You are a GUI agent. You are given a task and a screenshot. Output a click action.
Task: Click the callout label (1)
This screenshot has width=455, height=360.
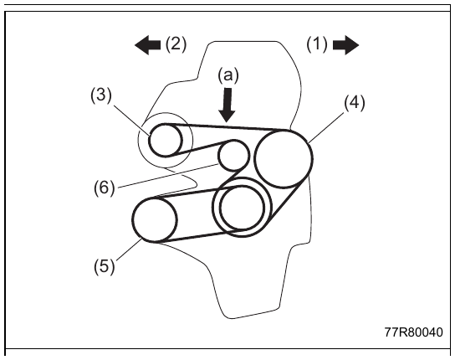coord(317,44)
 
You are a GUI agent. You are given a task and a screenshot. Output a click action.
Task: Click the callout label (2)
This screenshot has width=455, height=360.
coord(176,44)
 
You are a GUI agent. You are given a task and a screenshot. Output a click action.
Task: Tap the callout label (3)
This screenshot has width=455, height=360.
coord(101,95)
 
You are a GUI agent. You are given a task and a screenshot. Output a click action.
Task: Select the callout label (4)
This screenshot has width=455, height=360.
coord(355,103)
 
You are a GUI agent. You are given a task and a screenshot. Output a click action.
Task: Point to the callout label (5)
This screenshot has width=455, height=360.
coord(105,266)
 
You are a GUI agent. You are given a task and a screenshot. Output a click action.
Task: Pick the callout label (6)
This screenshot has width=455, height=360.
coord(105,188)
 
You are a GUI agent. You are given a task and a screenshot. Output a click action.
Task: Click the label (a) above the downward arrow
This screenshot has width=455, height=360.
coord(228,75)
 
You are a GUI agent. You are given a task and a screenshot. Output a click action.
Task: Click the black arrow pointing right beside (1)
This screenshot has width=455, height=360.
coord(346,45)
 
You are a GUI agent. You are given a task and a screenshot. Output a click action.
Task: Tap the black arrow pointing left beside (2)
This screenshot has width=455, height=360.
coord(148,45)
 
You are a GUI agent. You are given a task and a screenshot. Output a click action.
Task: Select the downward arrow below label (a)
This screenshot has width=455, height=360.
coord(227,105)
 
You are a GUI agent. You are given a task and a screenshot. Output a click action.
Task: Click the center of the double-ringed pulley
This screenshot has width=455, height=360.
coord(243,207)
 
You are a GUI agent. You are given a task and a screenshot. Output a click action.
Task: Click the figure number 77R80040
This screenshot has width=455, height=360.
coord(414,332)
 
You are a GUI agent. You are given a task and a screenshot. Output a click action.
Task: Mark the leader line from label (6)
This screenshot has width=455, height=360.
coord(168,176)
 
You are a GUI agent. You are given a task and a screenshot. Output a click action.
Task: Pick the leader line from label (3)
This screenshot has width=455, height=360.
coord(131,121)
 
